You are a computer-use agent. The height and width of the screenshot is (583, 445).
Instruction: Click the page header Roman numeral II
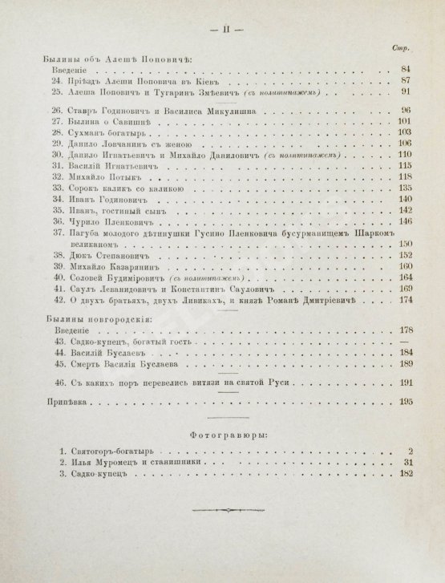point(221,30)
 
